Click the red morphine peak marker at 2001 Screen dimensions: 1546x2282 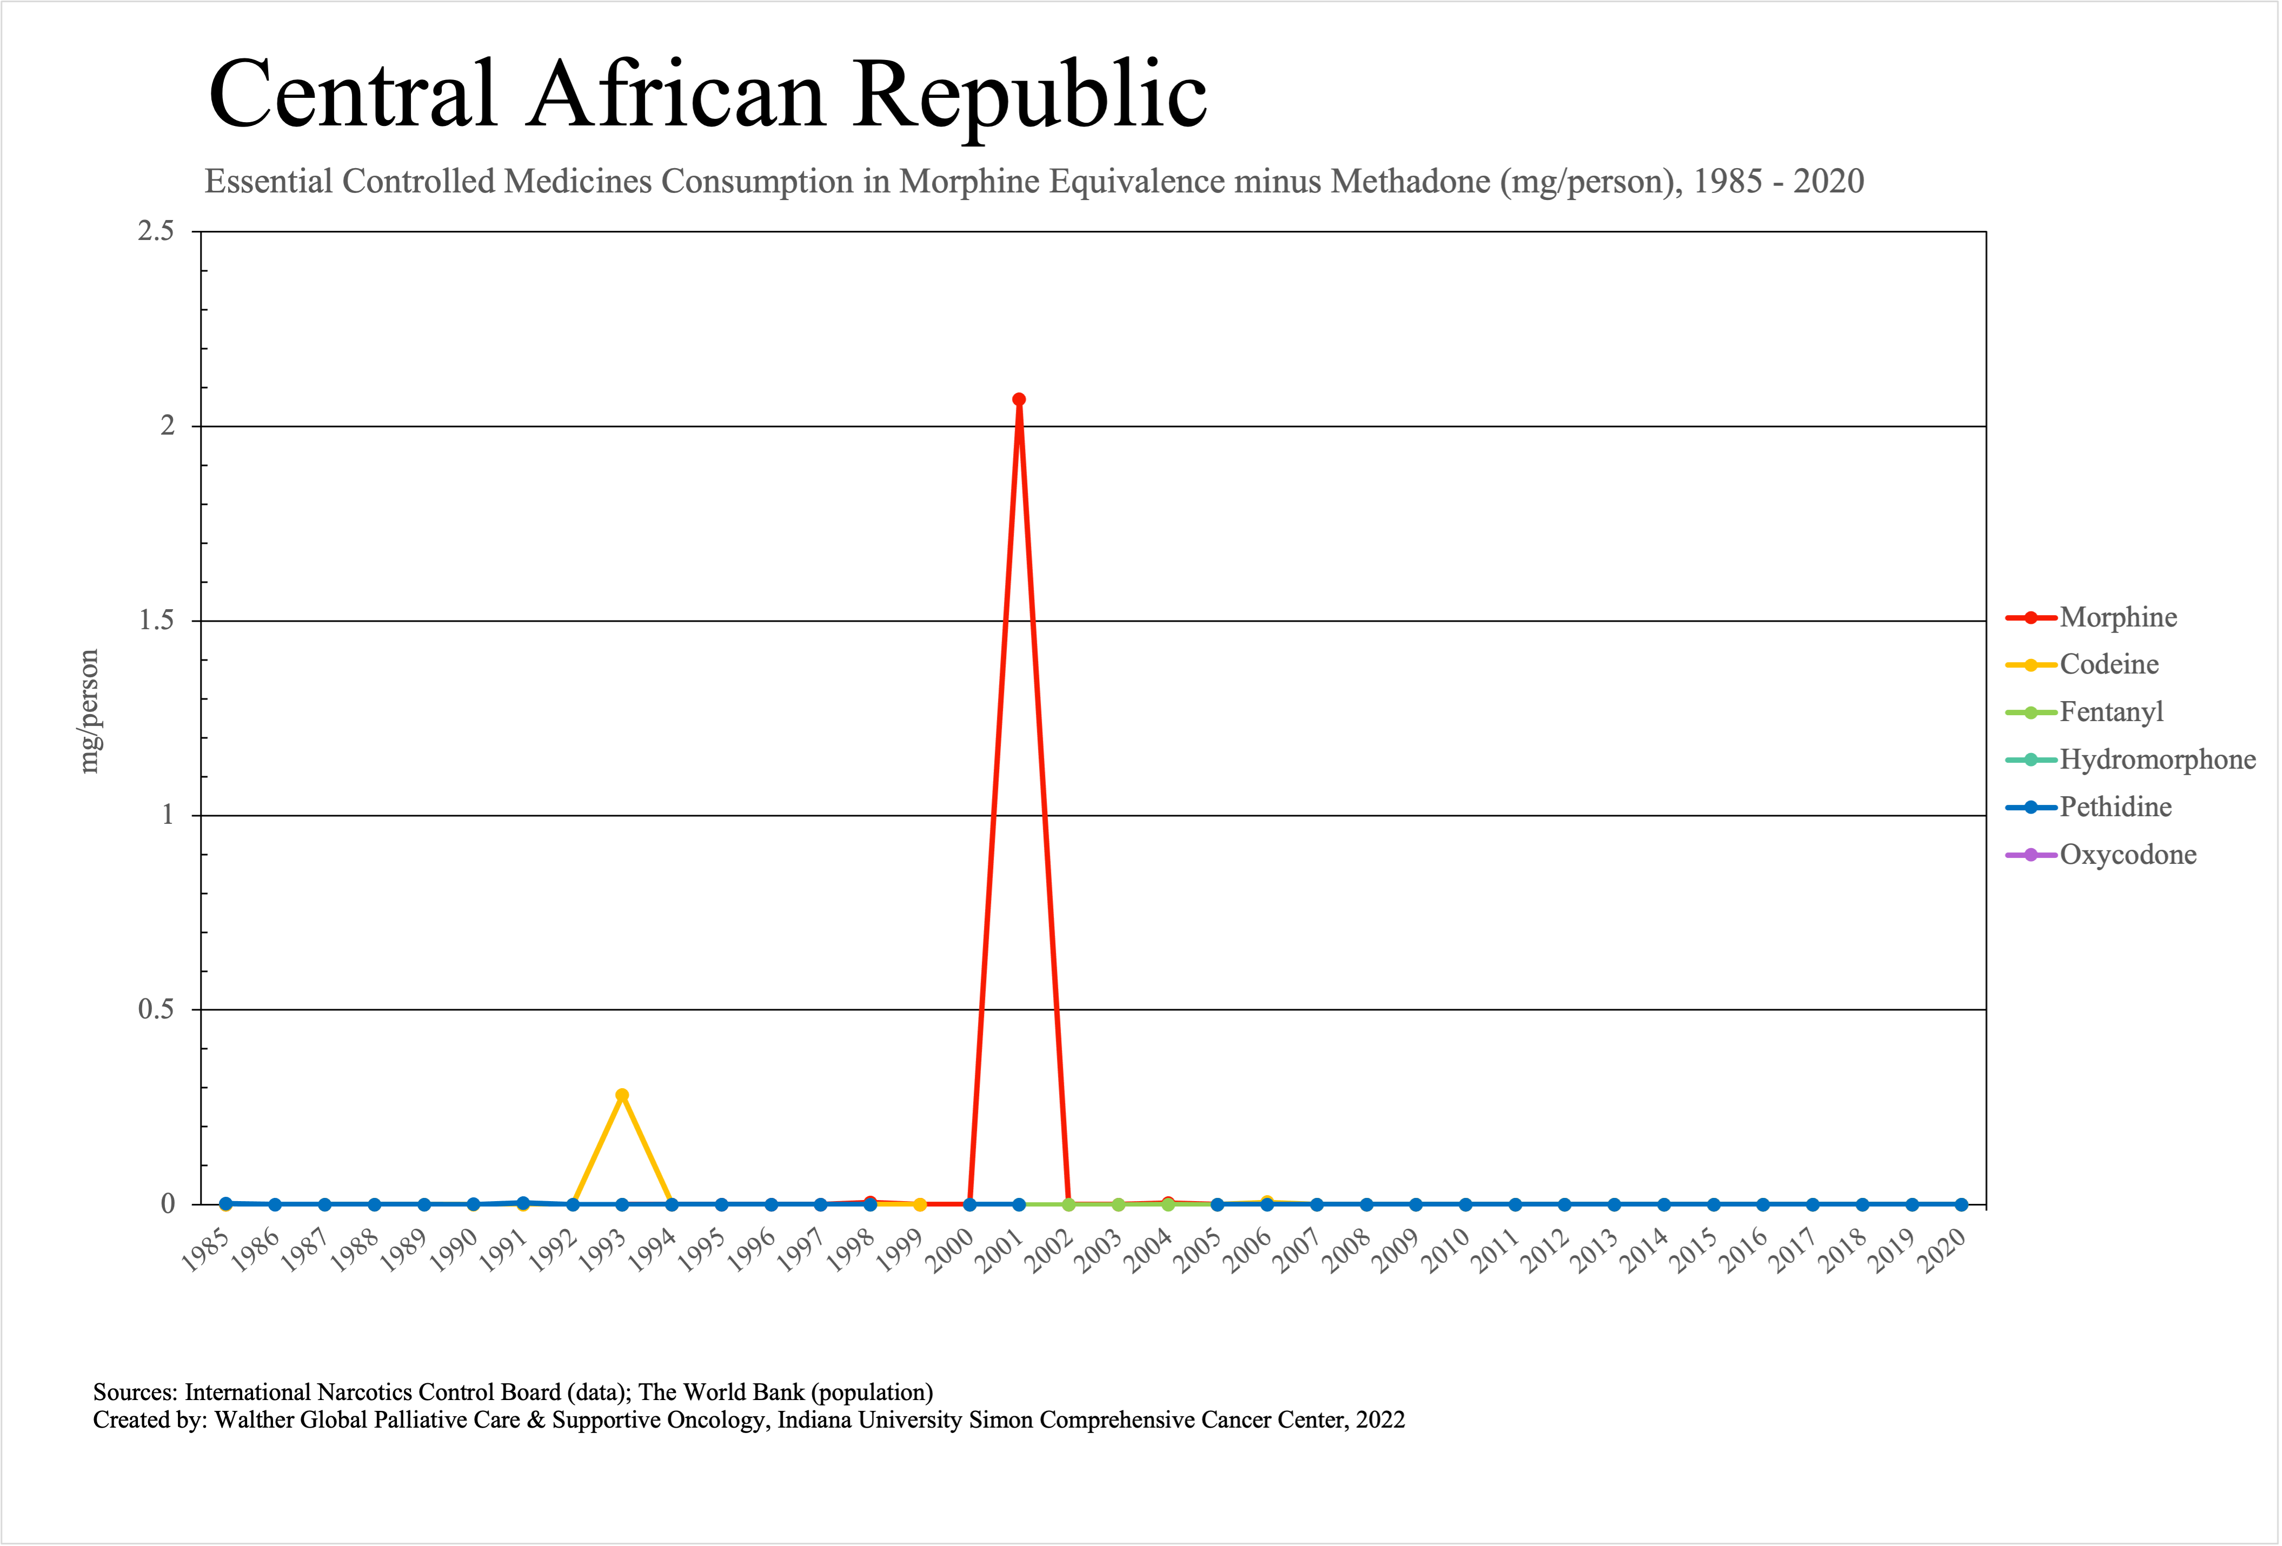(x=1019, y=399)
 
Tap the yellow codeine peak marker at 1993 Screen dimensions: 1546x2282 (x=622, y=1096)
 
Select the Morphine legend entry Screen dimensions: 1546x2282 (x=2118, y=617)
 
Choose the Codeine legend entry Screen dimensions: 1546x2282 (x=2108, y=664)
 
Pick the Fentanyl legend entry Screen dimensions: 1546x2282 (x=2111, y=712)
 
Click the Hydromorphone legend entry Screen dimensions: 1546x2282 (x=2157, y=759)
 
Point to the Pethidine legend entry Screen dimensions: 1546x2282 (x=2115, y=807)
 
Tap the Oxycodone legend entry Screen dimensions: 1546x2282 (x=2128, y=855)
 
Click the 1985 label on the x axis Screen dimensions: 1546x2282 (x=206, y=1252)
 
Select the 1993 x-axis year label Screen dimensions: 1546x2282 (x=603, y=1252)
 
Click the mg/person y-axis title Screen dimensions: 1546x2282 (x=89, y=712)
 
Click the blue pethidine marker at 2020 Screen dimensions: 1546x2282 (x=1961, y=1204)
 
